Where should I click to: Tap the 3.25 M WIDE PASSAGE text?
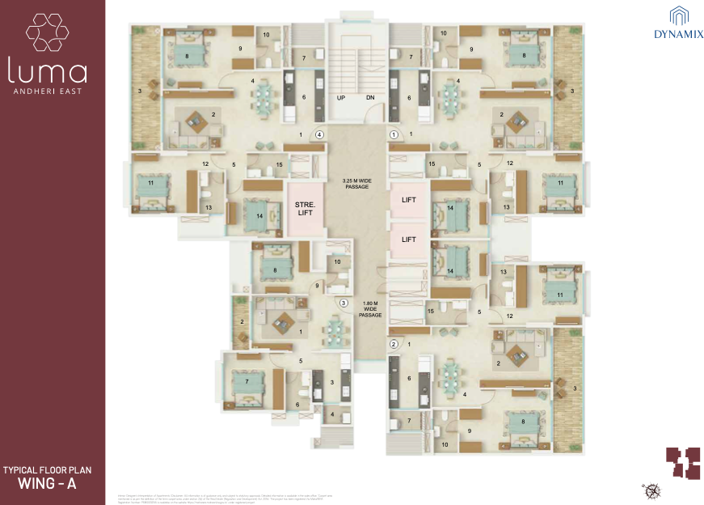[356, 182]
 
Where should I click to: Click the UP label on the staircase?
[341, 97]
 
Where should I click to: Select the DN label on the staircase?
[370, 97]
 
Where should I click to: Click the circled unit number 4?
[320, 134]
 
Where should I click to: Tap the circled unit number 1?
[394, 134]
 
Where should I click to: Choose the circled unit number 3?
[344, 303]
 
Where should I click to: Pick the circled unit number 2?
[394, 344]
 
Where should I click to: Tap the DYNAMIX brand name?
[678, 35]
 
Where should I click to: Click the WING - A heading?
[52, 485]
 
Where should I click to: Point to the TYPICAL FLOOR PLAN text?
[52, 469]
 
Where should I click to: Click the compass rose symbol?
[650, 489]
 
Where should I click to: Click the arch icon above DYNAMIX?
[678, 15]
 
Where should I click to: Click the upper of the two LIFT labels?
[409, 199]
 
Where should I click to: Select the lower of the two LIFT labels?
[409, 240]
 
